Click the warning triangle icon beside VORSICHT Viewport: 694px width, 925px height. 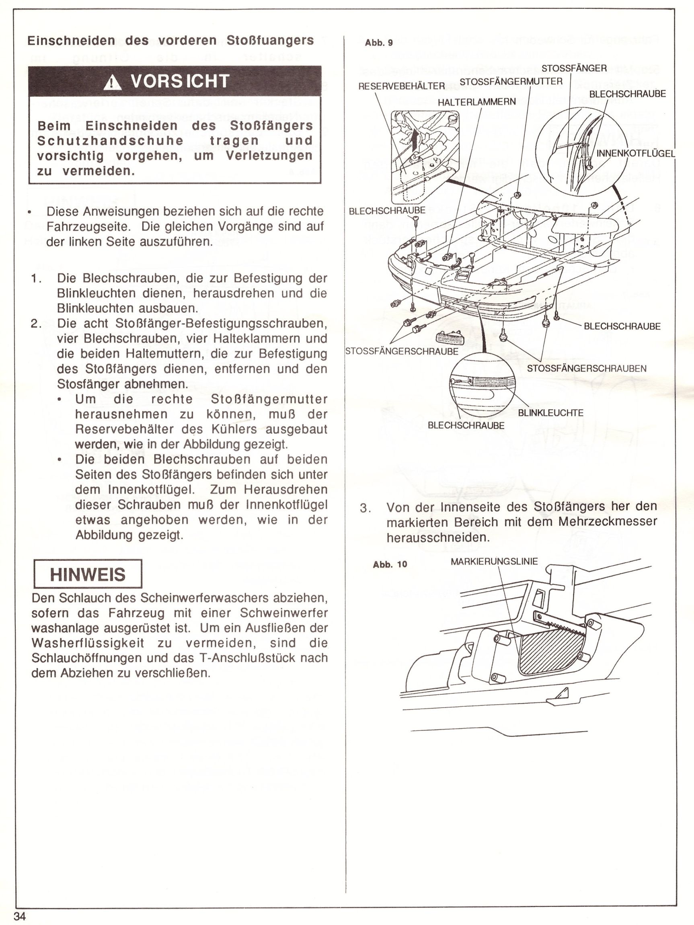[x=112, y=82]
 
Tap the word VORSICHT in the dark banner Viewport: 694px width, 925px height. [x=180, y=81]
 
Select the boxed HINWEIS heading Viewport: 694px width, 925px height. [x=88, y=574]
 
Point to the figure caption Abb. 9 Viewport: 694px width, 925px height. [x=379, y=43]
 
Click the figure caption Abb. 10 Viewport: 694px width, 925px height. [x=390, y=564]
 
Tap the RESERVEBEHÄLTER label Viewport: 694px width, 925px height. [x=402, y=86]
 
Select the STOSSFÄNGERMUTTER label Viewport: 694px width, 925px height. [x=511, y=81]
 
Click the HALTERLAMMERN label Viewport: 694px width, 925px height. [x=476, y=102]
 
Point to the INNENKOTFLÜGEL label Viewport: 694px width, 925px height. [x=635, y=154]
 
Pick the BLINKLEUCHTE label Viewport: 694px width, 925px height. [x=550, y=413]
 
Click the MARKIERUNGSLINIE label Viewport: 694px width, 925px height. [x=494, y=562]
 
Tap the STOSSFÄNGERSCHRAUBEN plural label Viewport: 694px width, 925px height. [x=587, y=368]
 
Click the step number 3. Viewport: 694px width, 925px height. [x=365, y=508]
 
